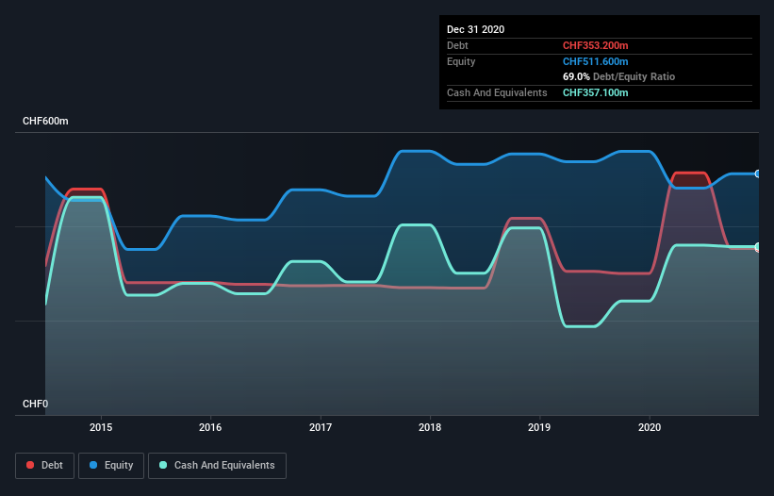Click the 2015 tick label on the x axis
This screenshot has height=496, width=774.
pyautogui.click(x=101, y=427)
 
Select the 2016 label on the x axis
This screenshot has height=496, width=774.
pyautogui.click(x=210, y=427)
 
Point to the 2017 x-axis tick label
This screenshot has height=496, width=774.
pyautogui.click(x=321, y=427)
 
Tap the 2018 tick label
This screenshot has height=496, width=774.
pyautogui.click(x=430, y=427)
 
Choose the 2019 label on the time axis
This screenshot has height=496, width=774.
pyautogui.click(x=540, y=427)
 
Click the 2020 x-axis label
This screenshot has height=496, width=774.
pyautogui.click(x=650, y=427)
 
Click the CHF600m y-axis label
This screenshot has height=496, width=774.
pyautogui.click(x=45, y=122)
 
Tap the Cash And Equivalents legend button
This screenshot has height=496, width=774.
pyautogui.click(x=217, y=465)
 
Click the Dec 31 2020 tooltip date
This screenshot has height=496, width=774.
pyautogui.click(x=475, y=29)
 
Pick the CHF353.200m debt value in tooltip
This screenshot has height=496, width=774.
pyautogui.click(x=595, y=45)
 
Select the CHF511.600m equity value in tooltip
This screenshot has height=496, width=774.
pyautogui.click(x=595, y=61)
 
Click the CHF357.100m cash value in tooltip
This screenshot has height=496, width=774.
pyautogui.click(x=595, y=92)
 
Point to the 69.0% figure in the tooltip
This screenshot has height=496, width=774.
pyautogui.click(x=576, y=76)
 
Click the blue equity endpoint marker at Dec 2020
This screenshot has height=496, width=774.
pyautogui.click(x=757, y=174)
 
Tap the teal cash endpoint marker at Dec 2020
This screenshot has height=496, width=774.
pyautogui.click(x=757, y=247)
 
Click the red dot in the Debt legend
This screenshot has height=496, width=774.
pyautogui.click(x=30, y=465)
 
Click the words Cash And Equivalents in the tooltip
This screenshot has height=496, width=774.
pyautogui.click(x=497, y=92)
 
